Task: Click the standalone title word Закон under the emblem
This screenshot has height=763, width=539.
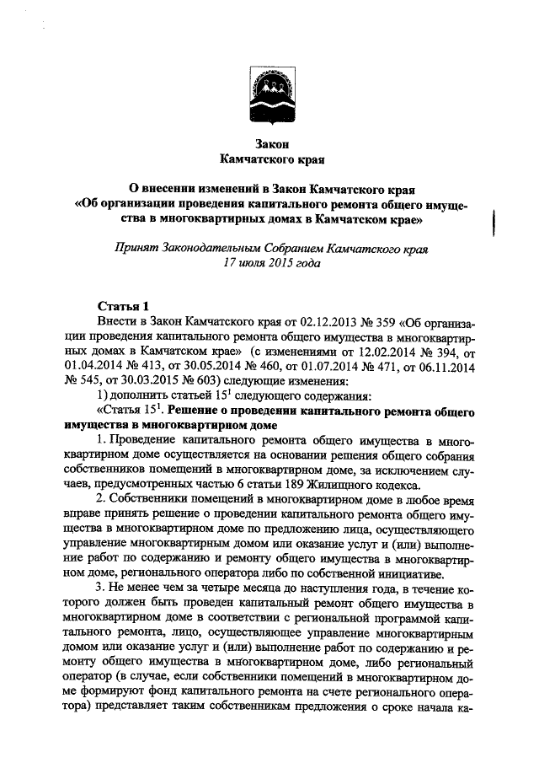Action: pos(270,143)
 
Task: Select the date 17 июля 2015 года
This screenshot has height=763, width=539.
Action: pos(270,263)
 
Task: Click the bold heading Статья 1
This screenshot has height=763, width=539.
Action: pos(123,305)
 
